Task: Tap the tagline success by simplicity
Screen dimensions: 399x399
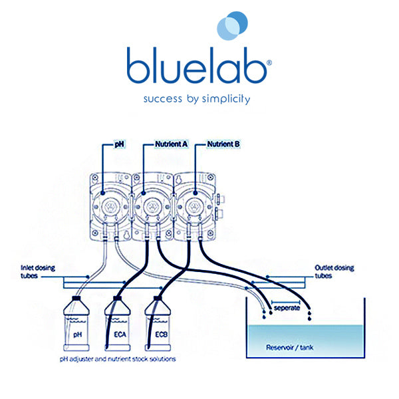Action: click(x=198, y=99)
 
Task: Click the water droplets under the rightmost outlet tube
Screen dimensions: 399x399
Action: click(x=310, y=315)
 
